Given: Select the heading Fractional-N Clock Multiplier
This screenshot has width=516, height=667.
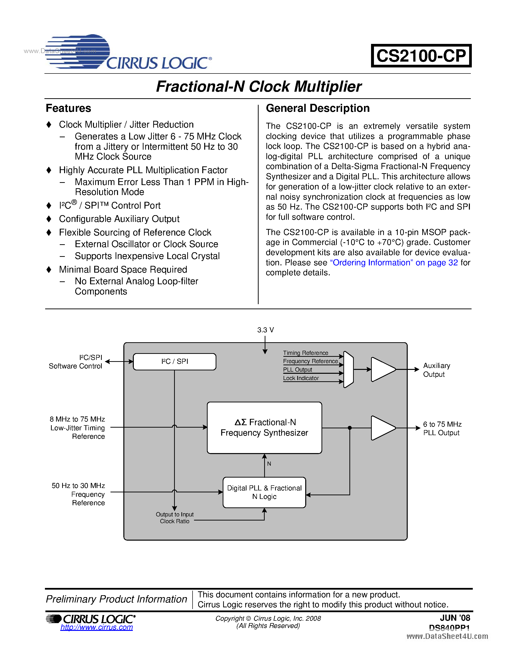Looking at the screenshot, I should [x=258, y=86].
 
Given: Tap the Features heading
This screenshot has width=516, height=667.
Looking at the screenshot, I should [x=68, y=108].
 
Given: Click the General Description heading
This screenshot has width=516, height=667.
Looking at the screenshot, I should [x=317, y=108].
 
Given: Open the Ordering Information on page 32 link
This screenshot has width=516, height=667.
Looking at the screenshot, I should [x=394, y=263].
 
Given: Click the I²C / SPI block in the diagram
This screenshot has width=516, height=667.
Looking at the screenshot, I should [x=175, y=362].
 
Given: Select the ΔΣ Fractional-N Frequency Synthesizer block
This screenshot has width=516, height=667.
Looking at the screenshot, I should [x=264, y=428].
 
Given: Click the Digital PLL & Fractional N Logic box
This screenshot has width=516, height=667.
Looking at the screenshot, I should [x=264, y=492].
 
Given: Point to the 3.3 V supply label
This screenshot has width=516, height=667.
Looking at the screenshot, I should [x=265, y=330].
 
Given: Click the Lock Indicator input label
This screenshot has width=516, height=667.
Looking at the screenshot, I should [x=301, y=378].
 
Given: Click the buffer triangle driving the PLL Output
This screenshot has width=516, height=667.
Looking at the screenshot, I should [x=382, y=428].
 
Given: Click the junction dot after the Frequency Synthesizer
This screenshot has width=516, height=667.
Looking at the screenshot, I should [x=350, y=428].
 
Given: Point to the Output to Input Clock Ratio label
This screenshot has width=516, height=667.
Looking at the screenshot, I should [x=175, y=518].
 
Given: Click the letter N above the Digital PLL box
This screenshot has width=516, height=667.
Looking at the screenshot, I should [x=269, y=464].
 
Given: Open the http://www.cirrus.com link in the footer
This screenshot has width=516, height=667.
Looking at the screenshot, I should [x=97, y=627].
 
